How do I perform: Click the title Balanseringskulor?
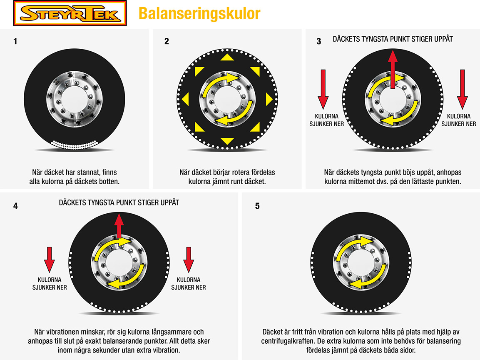point(199,13)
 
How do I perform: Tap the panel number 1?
point(15,41)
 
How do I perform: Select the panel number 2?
point(167,41)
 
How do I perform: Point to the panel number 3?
point(319,41)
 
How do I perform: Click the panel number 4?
point(15,205)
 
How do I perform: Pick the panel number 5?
point(257,206)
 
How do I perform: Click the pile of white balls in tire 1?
point(75,144)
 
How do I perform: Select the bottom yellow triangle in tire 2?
point(227,141)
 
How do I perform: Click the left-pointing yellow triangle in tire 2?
point(186,99)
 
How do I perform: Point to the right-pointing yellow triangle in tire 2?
point(269,99)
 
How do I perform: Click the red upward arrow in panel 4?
point(120,225)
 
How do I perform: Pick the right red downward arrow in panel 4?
point(189,259)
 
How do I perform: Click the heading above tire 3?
point(393,39)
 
